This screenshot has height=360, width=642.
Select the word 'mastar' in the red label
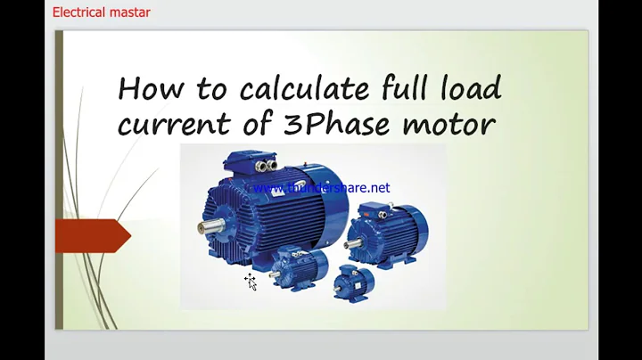[x=129, y=12]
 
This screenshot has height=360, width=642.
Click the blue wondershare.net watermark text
[x=322, y=188]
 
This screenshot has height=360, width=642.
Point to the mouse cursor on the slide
[x=251, y=282]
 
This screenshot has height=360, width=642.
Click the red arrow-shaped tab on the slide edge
[x=92, y=235]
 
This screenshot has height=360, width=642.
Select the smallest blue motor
[x=353, y=283]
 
